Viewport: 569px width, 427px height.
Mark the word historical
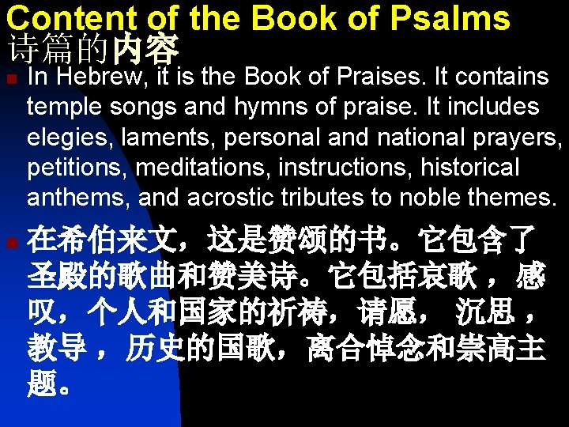click(x=470, y=168)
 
